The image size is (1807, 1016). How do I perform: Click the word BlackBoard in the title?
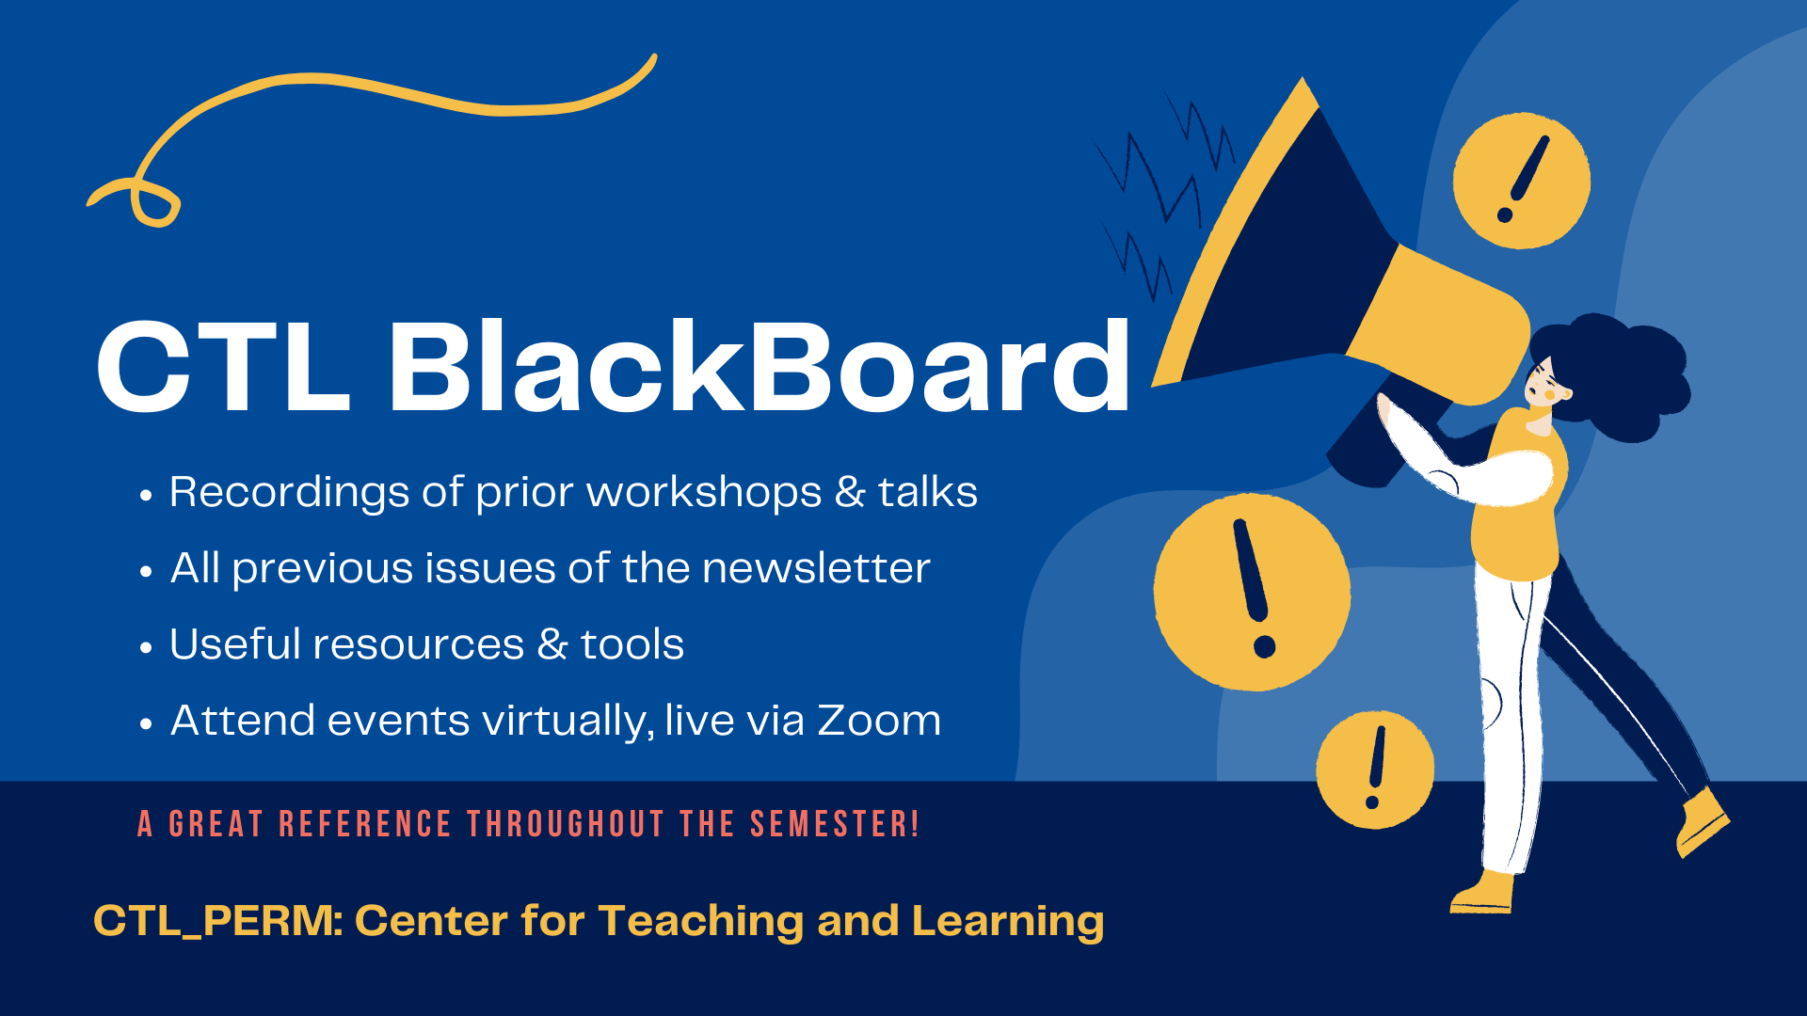(759, 366)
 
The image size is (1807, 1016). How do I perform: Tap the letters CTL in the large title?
(224, 367)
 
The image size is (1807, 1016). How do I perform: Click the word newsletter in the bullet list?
(816, 568)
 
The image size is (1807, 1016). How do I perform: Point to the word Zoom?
(879, 721)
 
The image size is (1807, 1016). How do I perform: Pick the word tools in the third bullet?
(632, 644)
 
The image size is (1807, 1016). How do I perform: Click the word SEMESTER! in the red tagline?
(834, 824)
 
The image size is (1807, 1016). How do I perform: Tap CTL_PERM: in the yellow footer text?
(218, 921)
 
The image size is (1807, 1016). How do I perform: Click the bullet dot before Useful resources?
(146, 647)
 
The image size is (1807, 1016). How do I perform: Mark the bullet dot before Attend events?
(146, 723)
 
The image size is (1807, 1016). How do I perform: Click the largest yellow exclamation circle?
(1252, 592)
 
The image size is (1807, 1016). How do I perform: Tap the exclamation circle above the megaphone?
(1521, 181)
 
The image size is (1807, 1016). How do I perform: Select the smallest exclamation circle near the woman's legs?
(1375, 770)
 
